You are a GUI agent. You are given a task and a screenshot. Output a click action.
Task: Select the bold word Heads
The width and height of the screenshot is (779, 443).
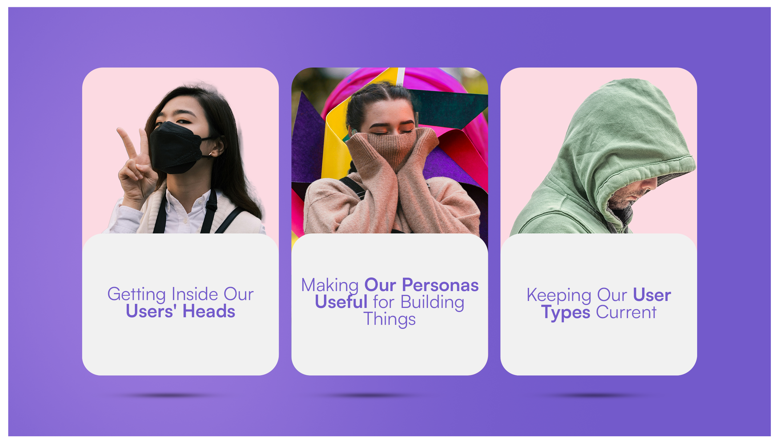[x=209, y=311]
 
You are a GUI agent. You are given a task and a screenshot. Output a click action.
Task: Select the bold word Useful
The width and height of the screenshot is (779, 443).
[x=341, y=302]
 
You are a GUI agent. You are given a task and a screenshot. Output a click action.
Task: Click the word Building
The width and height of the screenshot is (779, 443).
[x=432, y=302]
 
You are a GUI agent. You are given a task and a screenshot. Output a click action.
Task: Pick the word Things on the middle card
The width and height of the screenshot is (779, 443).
[x=389, y=320]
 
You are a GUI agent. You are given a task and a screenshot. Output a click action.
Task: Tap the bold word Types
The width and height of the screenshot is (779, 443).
[x=565, y=313]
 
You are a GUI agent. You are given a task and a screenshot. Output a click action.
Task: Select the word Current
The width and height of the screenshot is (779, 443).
[x=626, y=312]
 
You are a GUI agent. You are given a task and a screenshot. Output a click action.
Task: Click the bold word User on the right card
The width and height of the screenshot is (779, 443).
[x=652, y=295]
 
